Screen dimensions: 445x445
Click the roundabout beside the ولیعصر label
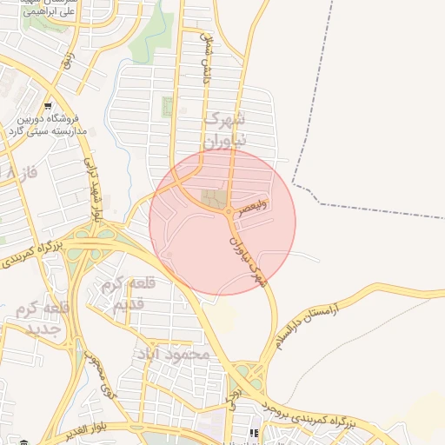click(x=229, y=211)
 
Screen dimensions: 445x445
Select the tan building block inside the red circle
click(x=213, y=199)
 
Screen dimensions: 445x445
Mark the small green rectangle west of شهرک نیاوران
click(x=167, y=108)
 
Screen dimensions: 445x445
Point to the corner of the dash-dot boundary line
click(x=292, y=184)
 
